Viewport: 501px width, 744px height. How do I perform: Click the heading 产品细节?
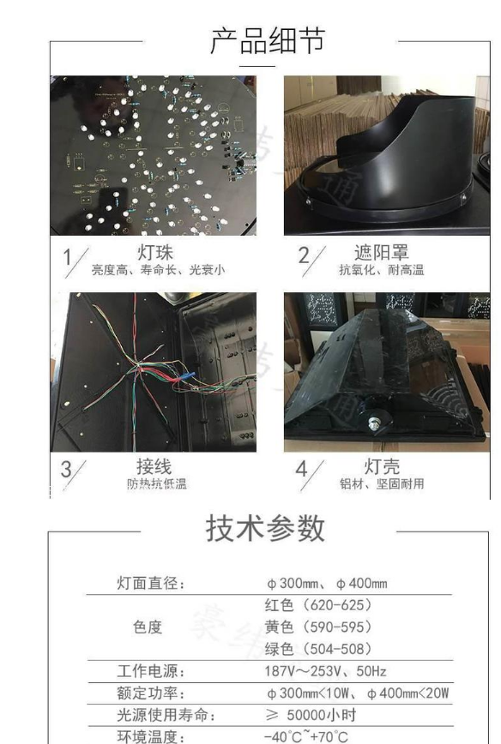pos(268,40)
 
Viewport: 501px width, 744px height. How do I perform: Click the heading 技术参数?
pos(265,528)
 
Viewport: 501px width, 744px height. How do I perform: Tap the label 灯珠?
pos(155,252)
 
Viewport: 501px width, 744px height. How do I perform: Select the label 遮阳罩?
pos(382,252)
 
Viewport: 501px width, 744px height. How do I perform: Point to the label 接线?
pos(154,466)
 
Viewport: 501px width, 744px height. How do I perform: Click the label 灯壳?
pos(382,466)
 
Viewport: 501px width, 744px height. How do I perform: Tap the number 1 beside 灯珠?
pos(68,258)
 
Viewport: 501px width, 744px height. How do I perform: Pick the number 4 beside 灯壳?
pos(302,469)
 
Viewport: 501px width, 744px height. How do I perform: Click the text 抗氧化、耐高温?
pos(382,270)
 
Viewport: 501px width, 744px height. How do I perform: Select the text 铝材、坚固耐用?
pos(382,483)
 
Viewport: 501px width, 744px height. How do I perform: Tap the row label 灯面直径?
pos(150,583)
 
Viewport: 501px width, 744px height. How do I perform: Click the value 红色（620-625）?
pos(318,605)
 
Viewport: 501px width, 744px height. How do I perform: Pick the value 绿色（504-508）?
pos(318,649)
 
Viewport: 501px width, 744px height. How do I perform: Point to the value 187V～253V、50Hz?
pos(325,671)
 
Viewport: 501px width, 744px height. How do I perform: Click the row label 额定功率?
pos(150,693)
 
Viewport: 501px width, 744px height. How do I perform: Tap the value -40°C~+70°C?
pos(305,736)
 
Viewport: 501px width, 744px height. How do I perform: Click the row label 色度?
pos(148,627)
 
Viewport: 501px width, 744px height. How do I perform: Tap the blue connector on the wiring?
pos(187,375)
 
